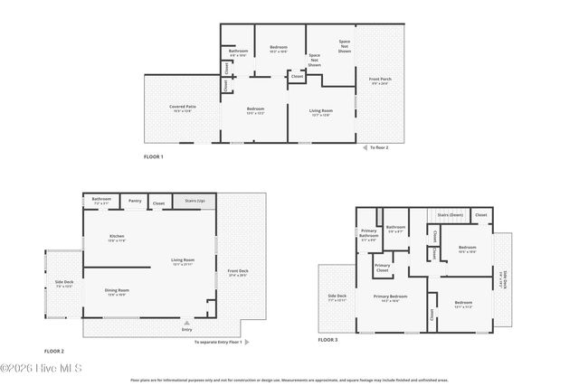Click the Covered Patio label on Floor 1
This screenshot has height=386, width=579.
[x=183, y=108]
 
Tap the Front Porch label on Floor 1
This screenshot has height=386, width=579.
[x=380, y=81]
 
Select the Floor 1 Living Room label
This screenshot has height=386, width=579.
[x=321, y=112]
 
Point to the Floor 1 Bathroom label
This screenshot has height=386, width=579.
[x=238, y=52]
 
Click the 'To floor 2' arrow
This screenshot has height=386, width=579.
[x=365, y=146]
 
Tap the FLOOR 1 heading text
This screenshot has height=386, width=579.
[x=153, y=156]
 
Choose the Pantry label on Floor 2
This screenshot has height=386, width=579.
[x=135, y=201]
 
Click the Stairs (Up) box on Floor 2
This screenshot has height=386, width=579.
[x=195, y=201]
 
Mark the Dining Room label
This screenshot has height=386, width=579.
[x=118, y=292]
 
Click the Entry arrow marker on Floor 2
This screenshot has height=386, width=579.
[x=186, y=322]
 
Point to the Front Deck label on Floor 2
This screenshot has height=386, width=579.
[x=238, y=273]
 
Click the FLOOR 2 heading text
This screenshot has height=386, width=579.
[x=54, y=351]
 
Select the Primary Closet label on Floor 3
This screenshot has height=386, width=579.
[x=383, y=267]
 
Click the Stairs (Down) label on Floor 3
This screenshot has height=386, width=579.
[x=450, y=215]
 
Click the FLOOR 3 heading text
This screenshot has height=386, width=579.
[x=327, y=341]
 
